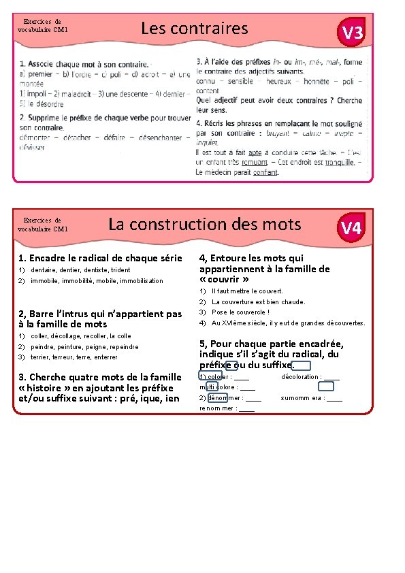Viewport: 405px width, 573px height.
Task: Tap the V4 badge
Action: [x=351, y=228]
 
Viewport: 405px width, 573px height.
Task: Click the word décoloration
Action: [x=301, y=377]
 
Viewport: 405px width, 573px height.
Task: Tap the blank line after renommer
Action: [x=247, y=409]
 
